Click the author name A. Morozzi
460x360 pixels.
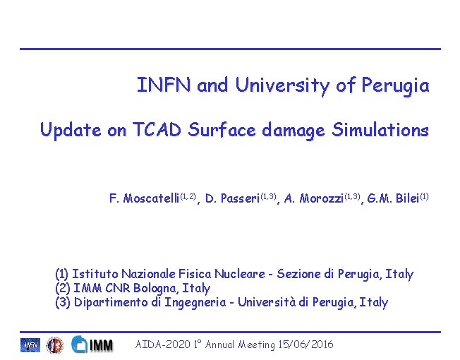coord(313,198)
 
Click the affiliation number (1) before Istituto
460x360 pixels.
coord(62,274)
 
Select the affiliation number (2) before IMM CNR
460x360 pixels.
coord(62,288)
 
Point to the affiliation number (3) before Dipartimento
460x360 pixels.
coord(62,302)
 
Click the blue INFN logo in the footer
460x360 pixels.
coord(30,345)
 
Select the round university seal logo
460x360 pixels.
coord(54,345)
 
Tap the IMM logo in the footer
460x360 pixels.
coord(92,345)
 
